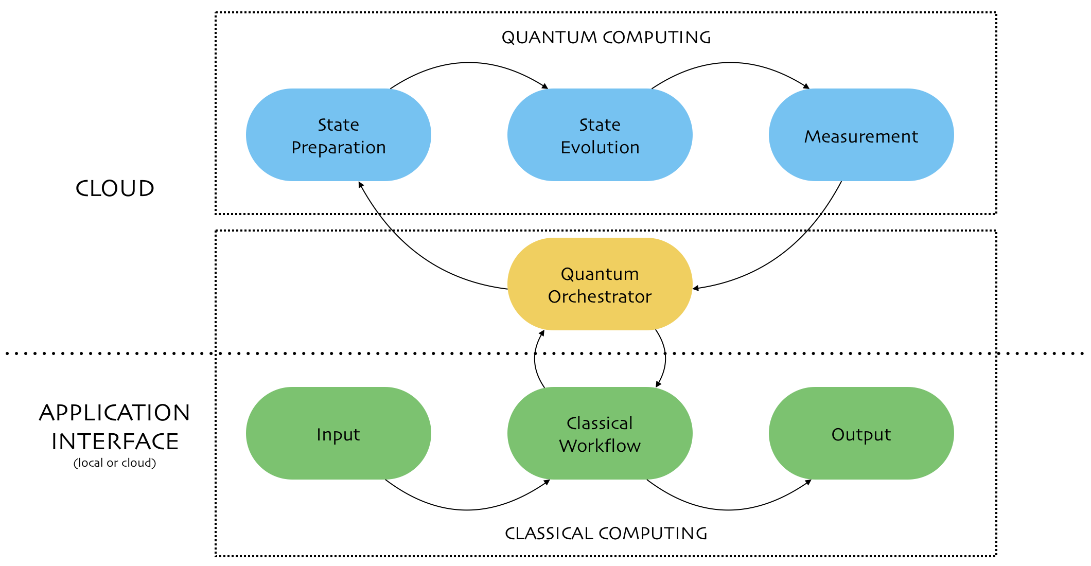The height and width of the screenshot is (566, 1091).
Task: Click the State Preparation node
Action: [x=339, y=135]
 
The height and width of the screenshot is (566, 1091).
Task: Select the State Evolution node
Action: [x=600, y=135]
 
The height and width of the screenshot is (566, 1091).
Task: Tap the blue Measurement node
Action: [x=861, y=135]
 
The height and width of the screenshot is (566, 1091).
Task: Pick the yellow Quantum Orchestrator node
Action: [x=600, y=284]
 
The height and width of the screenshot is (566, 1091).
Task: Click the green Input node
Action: [x=339, y=433]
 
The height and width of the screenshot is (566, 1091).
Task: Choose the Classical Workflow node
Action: [x=600, y=433]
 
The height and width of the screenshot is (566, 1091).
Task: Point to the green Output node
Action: [x=861, y=433]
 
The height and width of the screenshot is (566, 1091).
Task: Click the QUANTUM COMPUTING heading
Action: [x=606, y=38]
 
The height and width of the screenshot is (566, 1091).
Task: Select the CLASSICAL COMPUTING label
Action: [x=606, y=534]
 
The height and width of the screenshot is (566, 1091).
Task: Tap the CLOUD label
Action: [x=115, y=188]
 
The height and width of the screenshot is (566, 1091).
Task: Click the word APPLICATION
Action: [x=115, y=413]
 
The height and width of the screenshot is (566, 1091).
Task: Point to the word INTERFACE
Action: [x=115, y=441]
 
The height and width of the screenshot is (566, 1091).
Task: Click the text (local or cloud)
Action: [x=115, y=463]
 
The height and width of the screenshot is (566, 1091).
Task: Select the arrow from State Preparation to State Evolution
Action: [x=468, y=63]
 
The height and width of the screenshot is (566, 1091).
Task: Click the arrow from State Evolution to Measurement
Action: [x=730, y=63]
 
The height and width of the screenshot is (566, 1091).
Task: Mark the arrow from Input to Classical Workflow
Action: [x=467, y=510]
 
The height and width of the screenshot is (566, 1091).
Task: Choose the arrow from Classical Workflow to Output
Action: [x=729, y=510]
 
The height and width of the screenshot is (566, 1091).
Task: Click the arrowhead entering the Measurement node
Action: [x=807, y=86]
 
